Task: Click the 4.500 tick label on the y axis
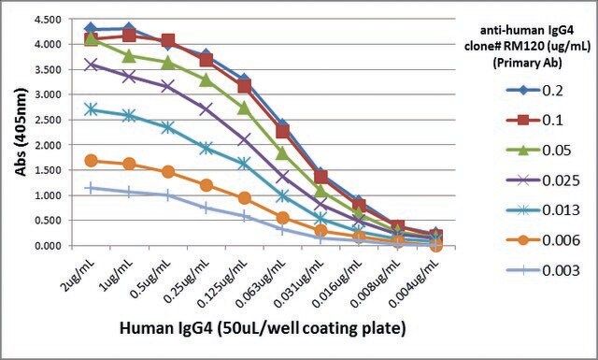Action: (x=48, y=20)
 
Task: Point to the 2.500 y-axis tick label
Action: (x=48, y=120)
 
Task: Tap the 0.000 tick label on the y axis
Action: (x=48, y=246)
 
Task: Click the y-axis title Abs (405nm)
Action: (x=21, y=132)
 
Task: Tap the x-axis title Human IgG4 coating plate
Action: (x=263, y=328)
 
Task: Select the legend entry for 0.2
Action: (x=534, y=91)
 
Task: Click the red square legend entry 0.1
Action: (x=534, y=121)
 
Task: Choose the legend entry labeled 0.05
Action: (x=538, y=150)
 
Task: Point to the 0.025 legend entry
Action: (x=543, y=180)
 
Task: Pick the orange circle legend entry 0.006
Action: (x=543, y=240)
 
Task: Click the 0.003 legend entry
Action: (x=543, y=270)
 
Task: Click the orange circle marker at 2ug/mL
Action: (x=91, y=161)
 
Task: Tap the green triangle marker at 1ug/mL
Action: (x=129, y=56)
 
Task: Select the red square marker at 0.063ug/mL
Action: (x=282, y=131)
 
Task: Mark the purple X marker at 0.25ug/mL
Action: (x=206, y=109)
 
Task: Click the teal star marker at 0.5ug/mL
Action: (x=167, y=127)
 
